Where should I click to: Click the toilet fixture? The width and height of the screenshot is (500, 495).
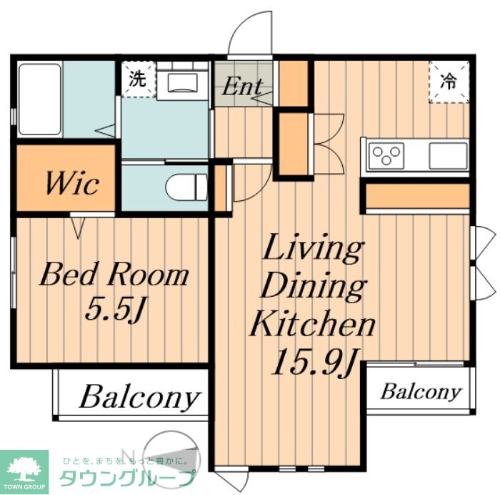pyautogui.click(x=187, y=187)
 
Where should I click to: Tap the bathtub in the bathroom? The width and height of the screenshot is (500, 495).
pyautogui.click(x=40, y=99)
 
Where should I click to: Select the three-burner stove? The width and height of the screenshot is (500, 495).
pyautogui.click(x=386, y=155)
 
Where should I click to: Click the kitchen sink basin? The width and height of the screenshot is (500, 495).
pyautogui.click(x=448, y=155)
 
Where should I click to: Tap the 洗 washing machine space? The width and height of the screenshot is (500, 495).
pyautogui.click(x=139, y=79)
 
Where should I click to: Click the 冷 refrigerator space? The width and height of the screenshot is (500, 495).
pyautogui.click(x=449, y=82)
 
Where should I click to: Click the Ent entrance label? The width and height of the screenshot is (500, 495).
pyautogui.click(x=243, y=86)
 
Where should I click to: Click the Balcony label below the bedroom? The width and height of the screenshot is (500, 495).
pyautogui.click(x=140, y=397)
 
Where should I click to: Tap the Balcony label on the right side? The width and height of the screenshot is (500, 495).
pyautogui.click(x=421, y=391)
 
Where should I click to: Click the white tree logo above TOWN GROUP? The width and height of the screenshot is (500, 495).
pyautogui.click(x=24, y=467)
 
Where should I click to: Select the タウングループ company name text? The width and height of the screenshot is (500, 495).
pyautogui.click(x=127, y=478)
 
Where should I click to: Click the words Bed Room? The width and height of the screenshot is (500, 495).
pyautogui.click(x=114, y=275)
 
